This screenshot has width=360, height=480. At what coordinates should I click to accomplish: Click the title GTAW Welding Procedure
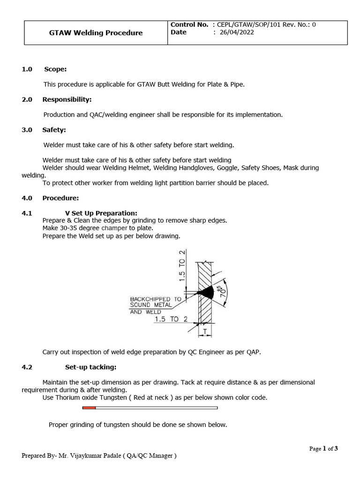tap(96, 33)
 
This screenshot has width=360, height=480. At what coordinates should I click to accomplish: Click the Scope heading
tap(55, 69)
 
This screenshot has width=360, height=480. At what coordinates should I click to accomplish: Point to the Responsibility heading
tap(67, 99)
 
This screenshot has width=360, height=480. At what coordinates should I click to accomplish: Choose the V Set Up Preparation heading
tap(101, 213)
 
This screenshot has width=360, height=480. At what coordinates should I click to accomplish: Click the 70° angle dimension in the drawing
tap(224, 291)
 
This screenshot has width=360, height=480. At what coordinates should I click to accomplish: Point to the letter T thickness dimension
tap(205, 331)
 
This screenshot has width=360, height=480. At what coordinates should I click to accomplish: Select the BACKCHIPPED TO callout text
tap(156, 299)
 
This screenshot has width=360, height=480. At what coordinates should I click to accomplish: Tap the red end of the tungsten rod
tap(89, 408)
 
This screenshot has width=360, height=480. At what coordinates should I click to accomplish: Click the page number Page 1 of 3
tap(323, 448)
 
